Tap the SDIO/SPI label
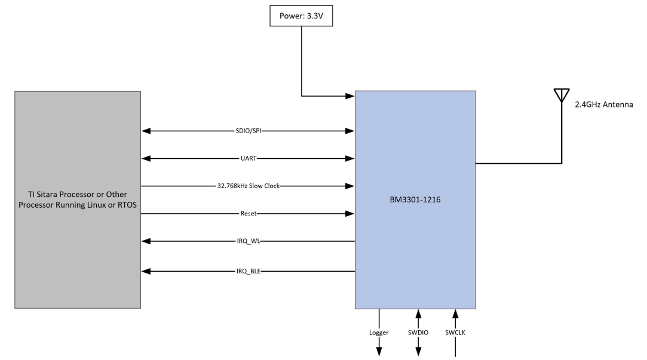tap(248, 131)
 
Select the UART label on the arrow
tap(248, 158)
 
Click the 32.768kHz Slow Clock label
tap(248, 186)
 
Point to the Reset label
tap(248, 213)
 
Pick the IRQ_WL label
tap(248, 241)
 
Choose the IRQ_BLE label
tap(248, 271)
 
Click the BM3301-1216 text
tap(416, 201)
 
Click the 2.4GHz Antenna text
tap(608, 104)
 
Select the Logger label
tap(379, 334)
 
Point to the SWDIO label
tap(418, 334)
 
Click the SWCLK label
tap(456, 334)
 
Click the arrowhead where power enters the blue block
tap(351, 95)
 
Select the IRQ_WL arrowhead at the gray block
tap(145, 241)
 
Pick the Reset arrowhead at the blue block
tap(351, 213)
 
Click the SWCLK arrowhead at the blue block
tap(456, 313)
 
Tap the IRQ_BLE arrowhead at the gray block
tap(145, 271)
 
